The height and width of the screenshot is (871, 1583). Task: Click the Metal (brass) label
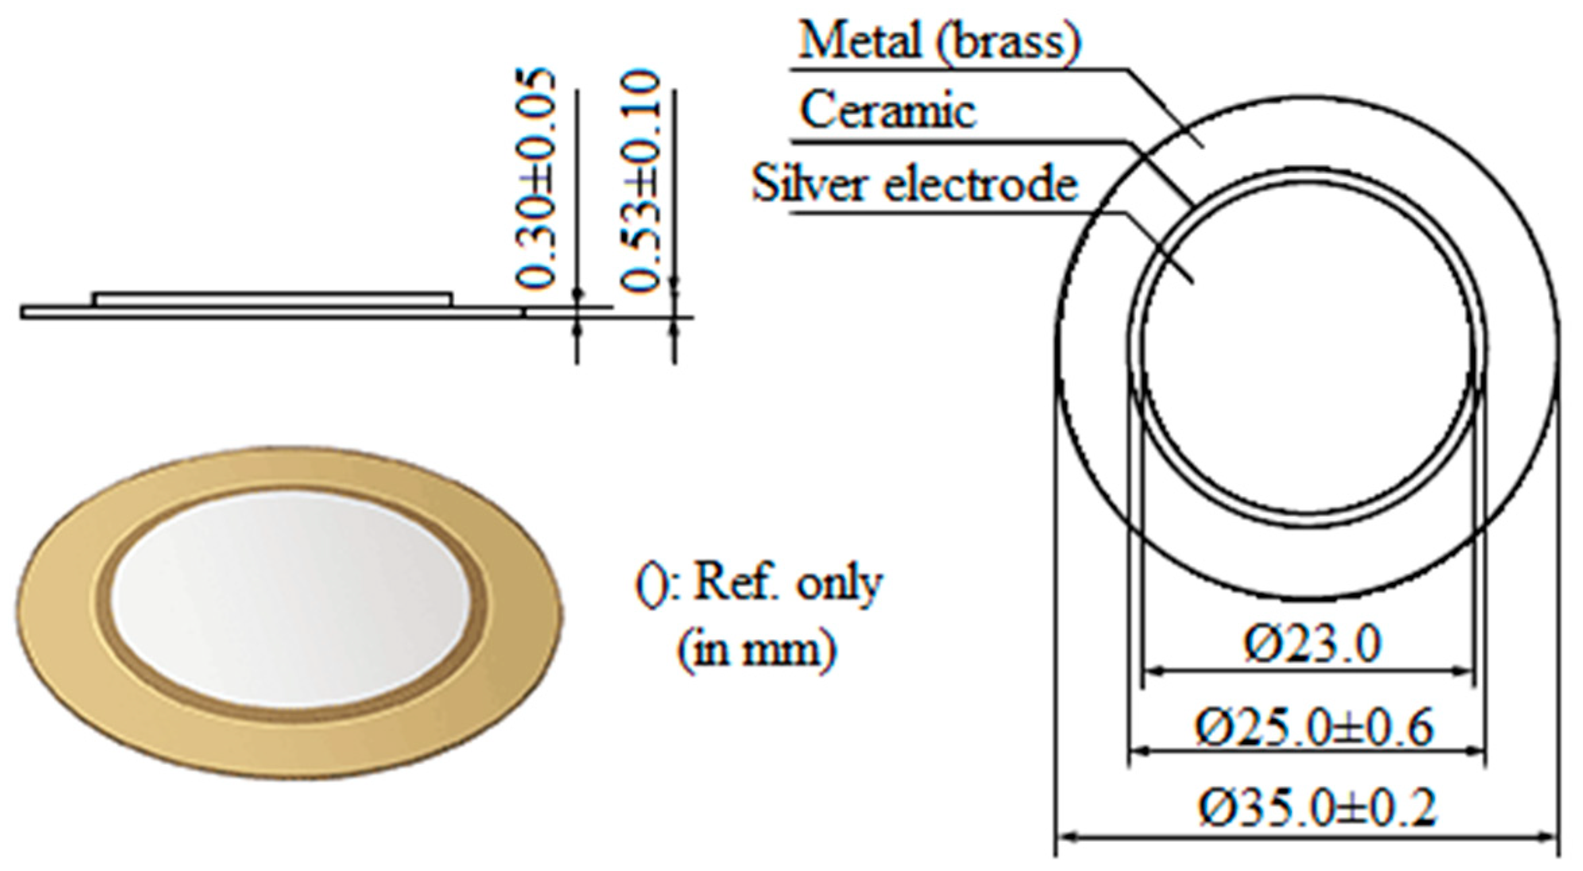[x=938, y=42]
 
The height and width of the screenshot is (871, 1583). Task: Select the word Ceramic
[x=888, y=111]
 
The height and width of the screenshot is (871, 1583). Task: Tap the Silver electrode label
[x=915, y=183]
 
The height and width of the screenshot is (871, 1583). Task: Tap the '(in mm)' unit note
[x=756, y=651]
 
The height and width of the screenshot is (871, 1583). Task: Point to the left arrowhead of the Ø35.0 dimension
[x=1065, y=838]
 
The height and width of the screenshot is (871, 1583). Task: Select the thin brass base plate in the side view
[x=270, y=312]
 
